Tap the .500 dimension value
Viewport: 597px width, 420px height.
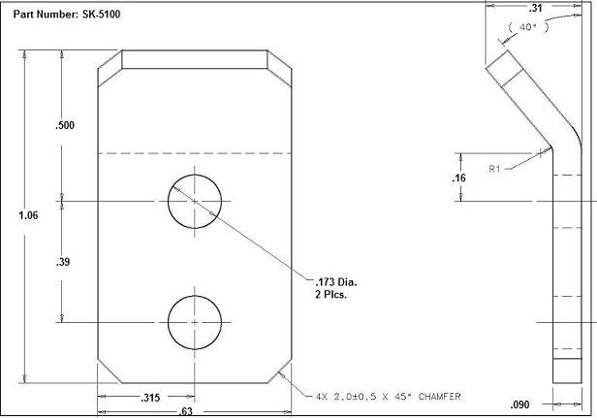pyautogui.click(x=66, y=126)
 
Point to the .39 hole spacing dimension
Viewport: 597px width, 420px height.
pyautogui.click(x=65, y=262)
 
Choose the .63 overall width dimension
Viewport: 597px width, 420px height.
pyautogui.click(x=195, y=412)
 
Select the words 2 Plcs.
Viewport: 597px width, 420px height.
pyautogui.click(x=323, y=294)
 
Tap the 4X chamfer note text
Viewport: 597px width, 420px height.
pyautogui.click(x=387, y=397)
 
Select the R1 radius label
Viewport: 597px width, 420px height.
pyautogui.click(x=494, y=169)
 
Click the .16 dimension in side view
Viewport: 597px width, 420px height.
pyautogui.click(x=459, y=178)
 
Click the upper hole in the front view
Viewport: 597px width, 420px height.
pyautogui.click(x=194, y=202)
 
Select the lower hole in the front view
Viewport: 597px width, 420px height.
pyautogui.click(x=194, y=321)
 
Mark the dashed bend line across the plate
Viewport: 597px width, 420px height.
pyautogui.click(x=194, y=152)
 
